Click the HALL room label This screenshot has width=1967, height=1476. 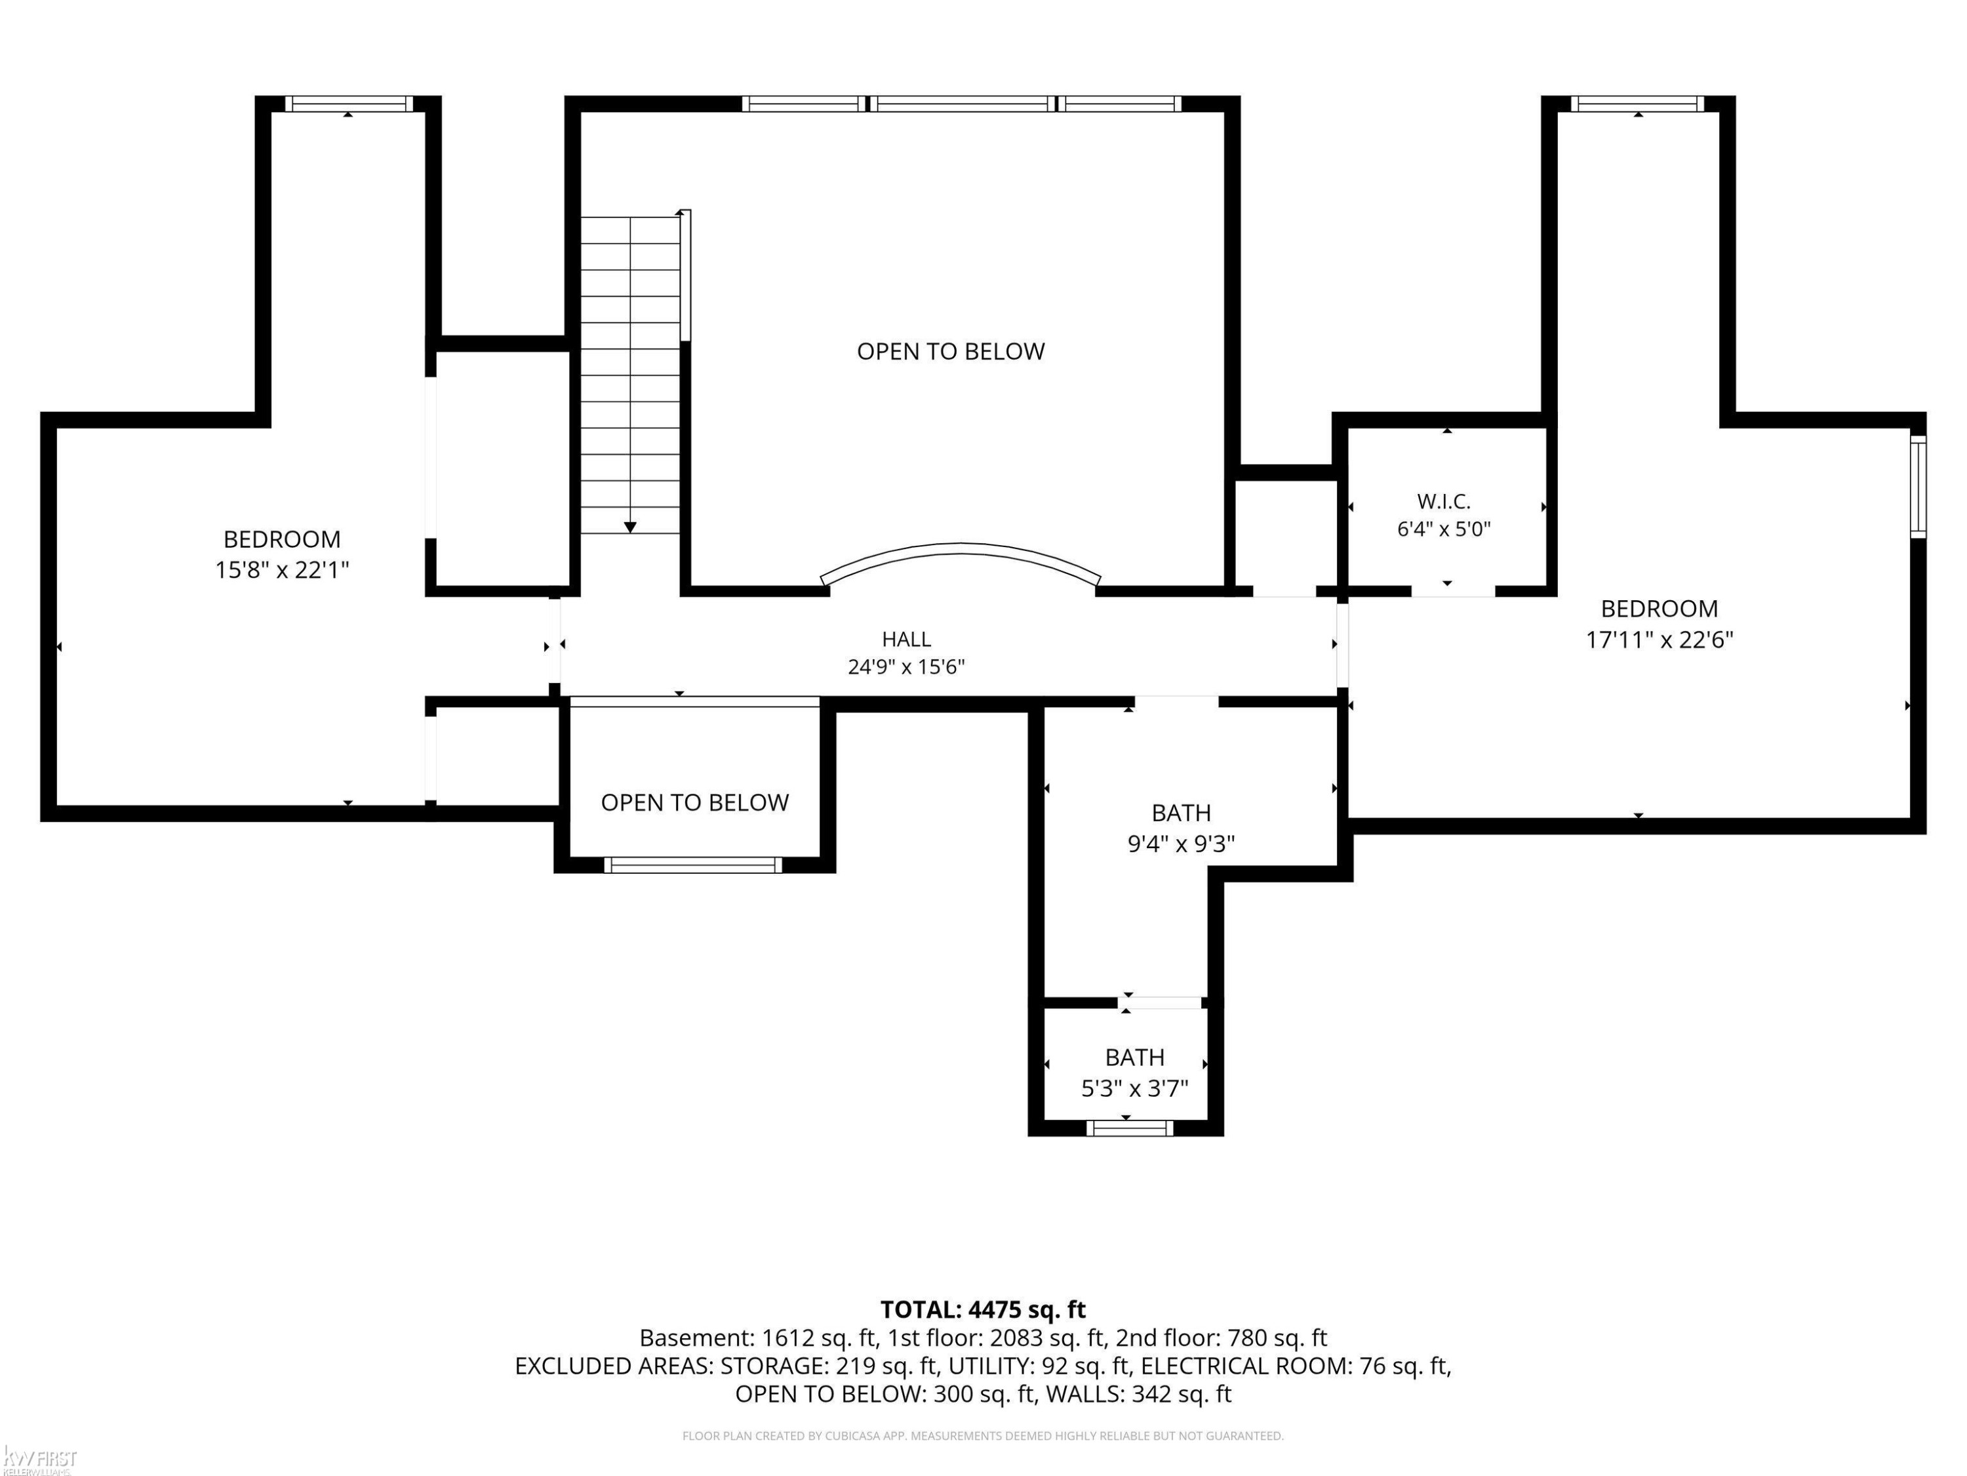[x=906, y=639]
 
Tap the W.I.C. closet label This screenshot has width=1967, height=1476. [x=1443, y=502]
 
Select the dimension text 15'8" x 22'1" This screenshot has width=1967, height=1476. [x=282, y=569]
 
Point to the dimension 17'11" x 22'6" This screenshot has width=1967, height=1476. [x=1659, y=640]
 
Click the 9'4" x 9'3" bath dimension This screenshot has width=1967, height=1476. [x=1181, y=844]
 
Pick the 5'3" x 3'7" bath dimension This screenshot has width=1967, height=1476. [x=1135, y=1088]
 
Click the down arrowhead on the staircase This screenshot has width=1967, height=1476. [x=629, y=527]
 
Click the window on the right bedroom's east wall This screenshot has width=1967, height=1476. [x=1919, y=487]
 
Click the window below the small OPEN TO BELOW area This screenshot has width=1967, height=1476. [x=693, y=865]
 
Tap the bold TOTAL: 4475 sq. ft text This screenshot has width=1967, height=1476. [x=983, y=1309]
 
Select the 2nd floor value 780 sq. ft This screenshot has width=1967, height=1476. [x=1277, y=1338]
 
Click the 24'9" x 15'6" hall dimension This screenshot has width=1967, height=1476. [x=906, y=667]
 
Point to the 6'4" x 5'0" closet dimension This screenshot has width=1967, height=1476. [x=1443, y=529]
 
